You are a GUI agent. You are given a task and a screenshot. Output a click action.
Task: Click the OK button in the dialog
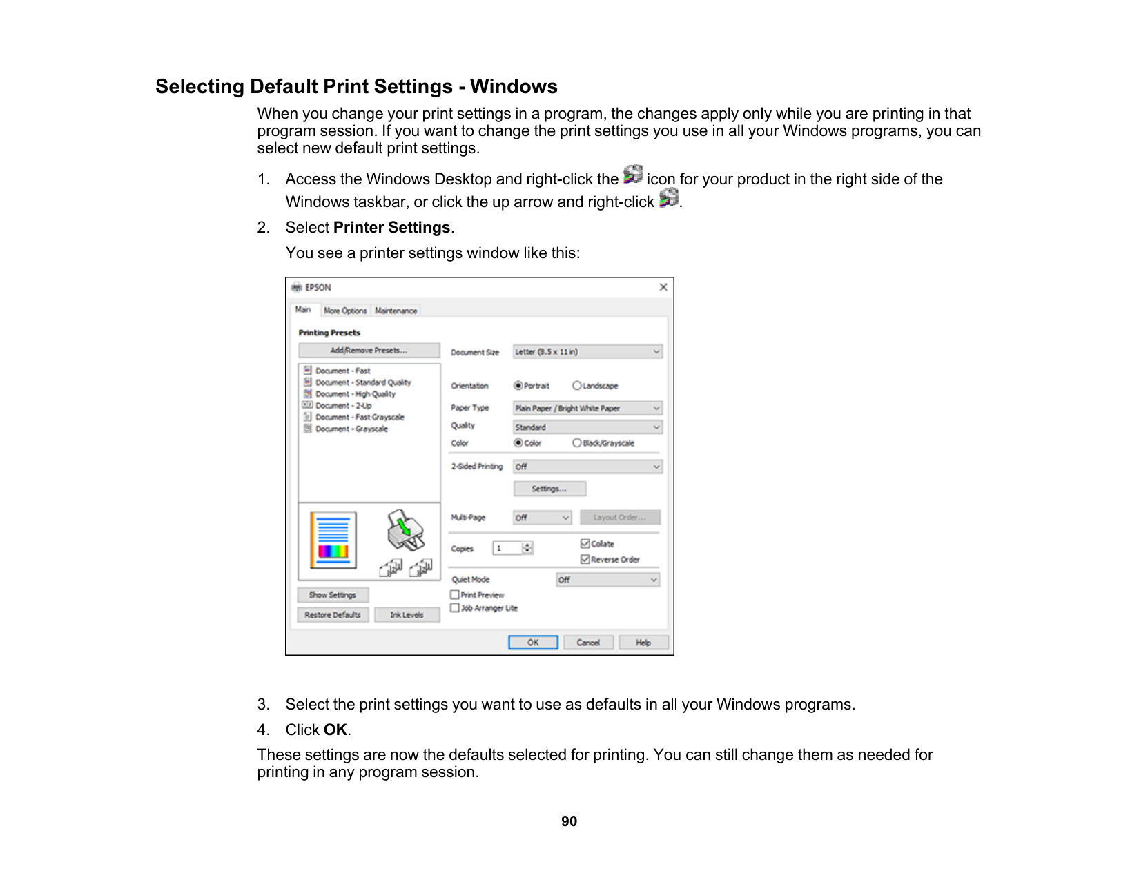click(x=533, y=643)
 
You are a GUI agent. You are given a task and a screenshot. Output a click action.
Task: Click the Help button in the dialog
click(x=643, y=643)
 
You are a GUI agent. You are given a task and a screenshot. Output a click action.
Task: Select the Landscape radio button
click(x=577, y=386)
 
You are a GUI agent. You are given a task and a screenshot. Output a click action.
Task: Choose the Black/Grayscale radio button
click(x=577, y=443)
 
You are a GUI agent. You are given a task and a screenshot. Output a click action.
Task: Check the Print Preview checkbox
click(x=455, y=595)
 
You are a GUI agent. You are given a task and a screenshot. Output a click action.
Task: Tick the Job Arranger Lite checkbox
click(x=455, y=608)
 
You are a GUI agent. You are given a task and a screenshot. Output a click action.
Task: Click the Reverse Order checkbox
click(x=585, y=559)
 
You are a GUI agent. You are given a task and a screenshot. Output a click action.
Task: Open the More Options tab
click(x=345, y=311)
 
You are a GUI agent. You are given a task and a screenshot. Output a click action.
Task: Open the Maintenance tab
click(x=396, y=311)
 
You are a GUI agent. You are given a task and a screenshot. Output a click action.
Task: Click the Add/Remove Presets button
click(x=369, y=351)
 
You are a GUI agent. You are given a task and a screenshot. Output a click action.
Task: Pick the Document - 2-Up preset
click(x=344, y=406)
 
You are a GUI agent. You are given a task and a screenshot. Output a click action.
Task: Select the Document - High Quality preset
click(x=355, y=394)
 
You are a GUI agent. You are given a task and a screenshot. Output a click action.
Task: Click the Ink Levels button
click(x=407, y=615)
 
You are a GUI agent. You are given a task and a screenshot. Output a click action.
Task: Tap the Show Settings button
click(x=333, y=595)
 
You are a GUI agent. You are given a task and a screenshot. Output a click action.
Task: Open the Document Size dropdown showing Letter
click(x=587, y=352)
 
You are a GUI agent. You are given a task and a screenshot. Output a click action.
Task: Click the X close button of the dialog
click(x=663, y=287)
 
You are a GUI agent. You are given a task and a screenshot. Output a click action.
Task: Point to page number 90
click(x=569, y=821)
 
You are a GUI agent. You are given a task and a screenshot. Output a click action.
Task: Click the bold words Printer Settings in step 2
click(x=391, y=228)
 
